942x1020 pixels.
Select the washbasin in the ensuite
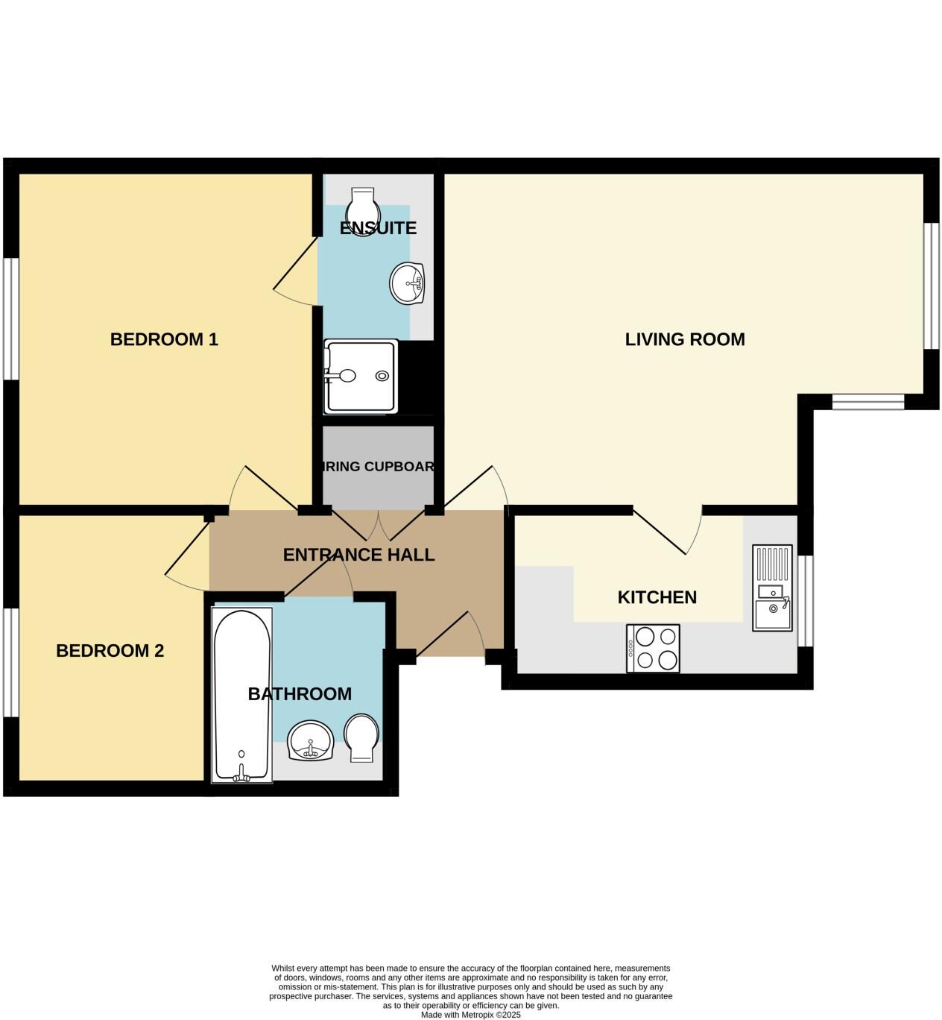407,283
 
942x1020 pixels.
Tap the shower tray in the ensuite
360,377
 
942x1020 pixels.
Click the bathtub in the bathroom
241,695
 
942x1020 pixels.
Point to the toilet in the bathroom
361,737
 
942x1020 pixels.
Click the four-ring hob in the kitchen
653,648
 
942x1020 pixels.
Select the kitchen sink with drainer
772,588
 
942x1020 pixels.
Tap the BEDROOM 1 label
164,339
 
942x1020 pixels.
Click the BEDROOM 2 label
110,651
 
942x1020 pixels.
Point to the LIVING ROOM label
684,339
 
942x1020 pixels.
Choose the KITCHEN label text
657,597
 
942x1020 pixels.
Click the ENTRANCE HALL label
358,555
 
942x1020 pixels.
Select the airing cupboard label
379,467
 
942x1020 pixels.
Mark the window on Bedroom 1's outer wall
10,318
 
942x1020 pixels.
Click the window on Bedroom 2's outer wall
10,663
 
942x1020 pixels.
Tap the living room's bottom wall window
867,403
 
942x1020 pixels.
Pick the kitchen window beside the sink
805,600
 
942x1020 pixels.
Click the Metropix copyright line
470,1015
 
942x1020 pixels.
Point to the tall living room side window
931,286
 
